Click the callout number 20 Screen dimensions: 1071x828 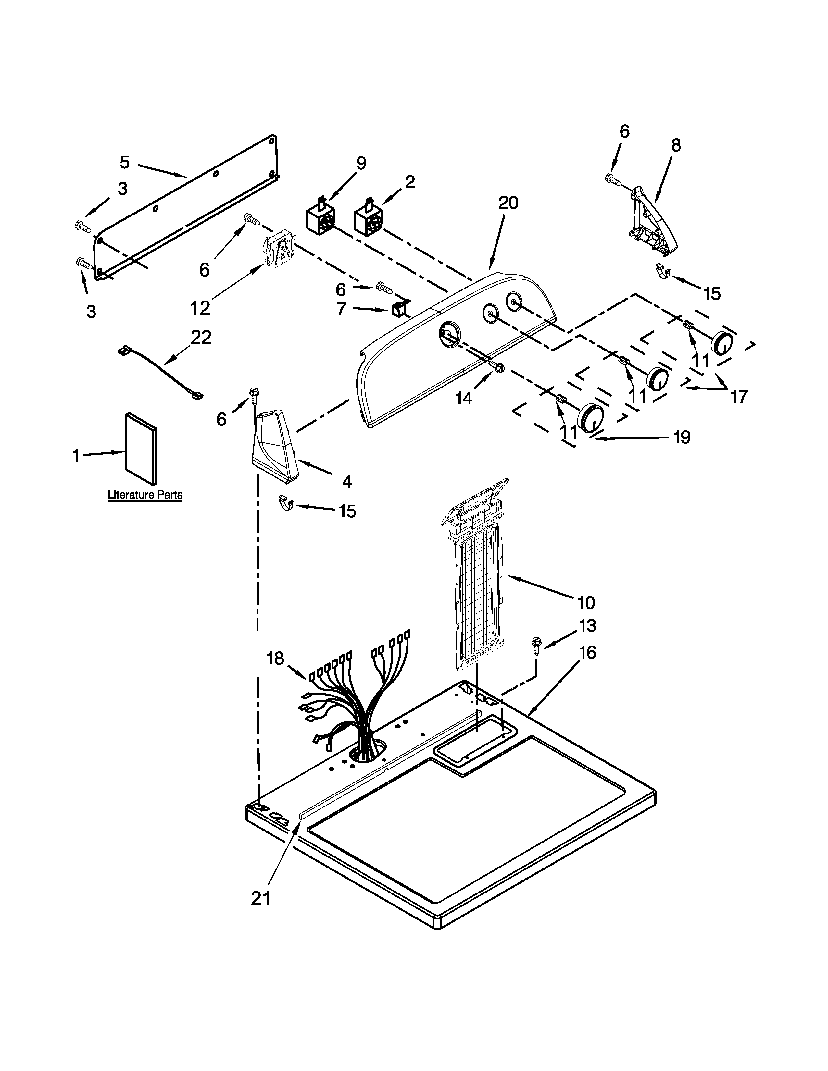pos(508,203)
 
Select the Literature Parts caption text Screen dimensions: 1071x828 pos(145,495)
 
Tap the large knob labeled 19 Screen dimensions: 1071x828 pos(593,417)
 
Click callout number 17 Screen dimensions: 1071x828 pos(739,396)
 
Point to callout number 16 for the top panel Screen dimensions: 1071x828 pos(587,653)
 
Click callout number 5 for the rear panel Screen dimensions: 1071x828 pos(125,162)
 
